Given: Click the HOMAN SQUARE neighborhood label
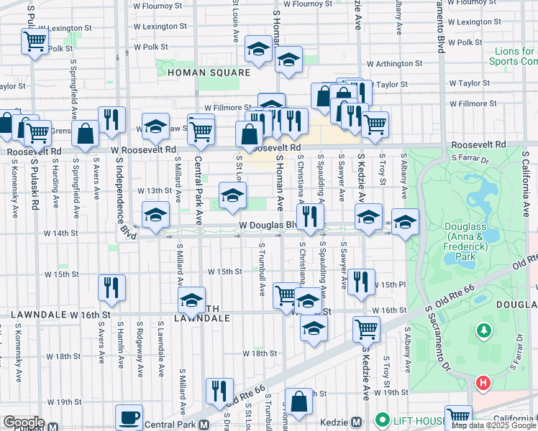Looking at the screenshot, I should point(209,73).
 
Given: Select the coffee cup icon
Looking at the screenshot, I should point(129,417).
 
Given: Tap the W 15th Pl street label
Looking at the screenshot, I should point(384,285).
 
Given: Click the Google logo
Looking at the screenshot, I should point(24,422).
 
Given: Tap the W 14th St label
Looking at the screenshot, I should point(60,233).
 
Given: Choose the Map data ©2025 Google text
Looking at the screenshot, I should point(493,425).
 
